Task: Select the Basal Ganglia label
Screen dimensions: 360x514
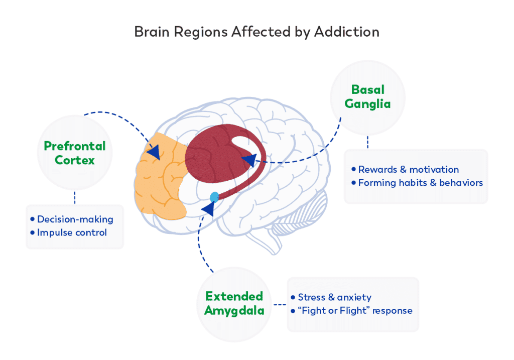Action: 368,97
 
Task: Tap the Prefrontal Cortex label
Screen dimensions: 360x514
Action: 75,153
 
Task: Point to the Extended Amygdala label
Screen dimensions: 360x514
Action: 234,303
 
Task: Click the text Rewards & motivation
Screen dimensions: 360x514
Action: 409,170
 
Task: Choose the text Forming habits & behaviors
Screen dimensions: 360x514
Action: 420,183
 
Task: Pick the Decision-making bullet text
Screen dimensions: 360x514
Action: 75,219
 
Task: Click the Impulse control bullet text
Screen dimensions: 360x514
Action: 72,232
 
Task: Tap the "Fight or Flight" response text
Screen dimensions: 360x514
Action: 355,310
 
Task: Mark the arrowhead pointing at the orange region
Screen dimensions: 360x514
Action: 154,152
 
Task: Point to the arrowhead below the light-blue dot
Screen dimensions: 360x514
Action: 207,209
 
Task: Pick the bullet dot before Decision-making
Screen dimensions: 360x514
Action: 33,219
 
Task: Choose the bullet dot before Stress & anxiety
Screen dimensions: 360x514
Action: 293,297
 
